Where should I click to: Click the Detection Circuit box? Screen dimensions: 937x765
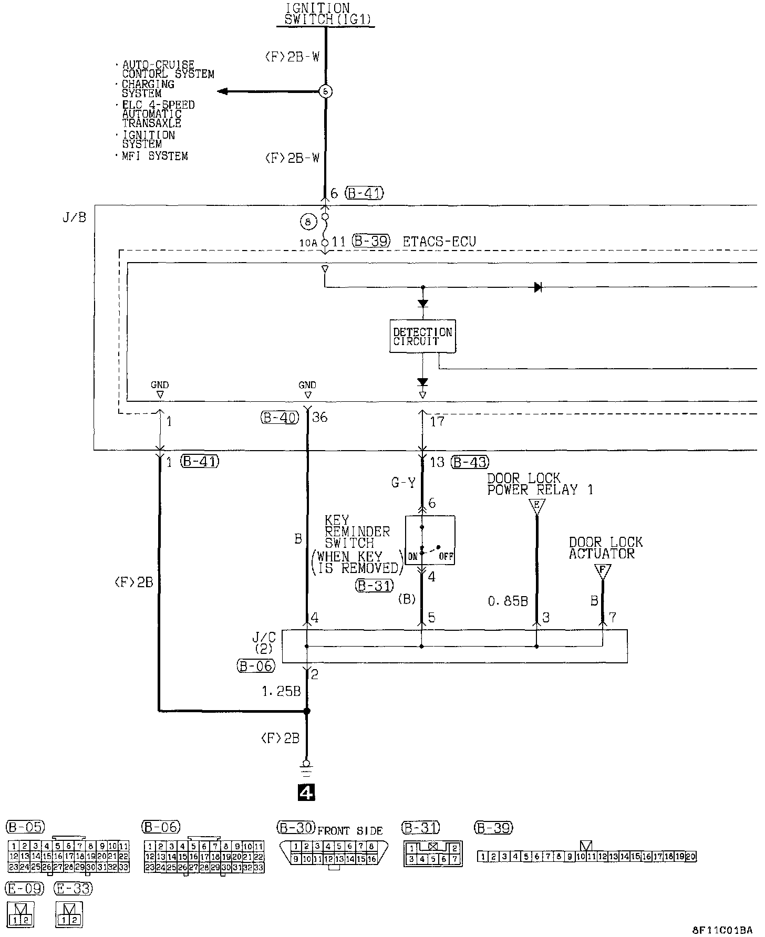pyautogui.click(x=422, y=336)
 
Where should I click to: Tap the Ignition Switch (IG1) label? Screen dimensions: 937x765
pyautogui.click(x=326, y=14)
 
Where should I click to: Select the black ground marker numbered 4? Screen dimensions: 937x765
pyautogui.click(x=306, y=793)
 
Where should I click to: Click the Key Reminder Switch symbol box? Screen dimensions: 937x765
pyautogui.click(x=430, y=540)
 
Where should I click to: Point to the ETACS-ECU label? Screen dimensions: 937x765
pyautogui.click(x=439, y=242)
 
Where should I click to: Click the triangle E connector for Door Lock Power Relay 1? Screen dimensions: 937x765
pyautogui.click(x=536, y=506)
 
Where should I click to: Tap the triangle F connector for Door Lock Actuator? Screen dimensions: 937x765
pyautogui.click(x=603, y=571)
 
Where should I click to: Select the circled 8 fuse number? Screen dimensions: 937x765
pyautogui.click(x=308, y=222)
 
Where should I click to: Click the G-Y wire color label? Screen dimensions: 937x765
pyautogui.click(x=404, y=483)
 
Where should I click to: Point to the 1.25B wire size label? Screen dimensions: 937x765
pyautogui.click(x=281, y=691)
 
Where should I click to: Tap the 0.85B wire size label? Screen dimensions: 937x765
pyautogui.click(x=508, y=601)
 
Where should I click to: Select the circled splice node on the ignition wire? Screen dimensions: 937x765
pyautogui.click(x=326, y=91)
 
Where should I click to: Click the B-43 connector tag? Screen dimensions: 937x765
pyautogui.click(x=470, y=462)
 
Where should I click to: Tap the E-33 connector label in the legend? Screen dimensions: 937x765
pyautogui.click(x=73, y=889)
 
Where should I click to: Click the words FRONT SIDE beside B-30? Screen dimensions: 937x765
pyautogui.click(x=350, y=830)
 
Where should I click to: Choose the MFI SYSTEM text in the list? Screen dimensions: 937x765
pyautogui.click(x=154, y=156)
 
